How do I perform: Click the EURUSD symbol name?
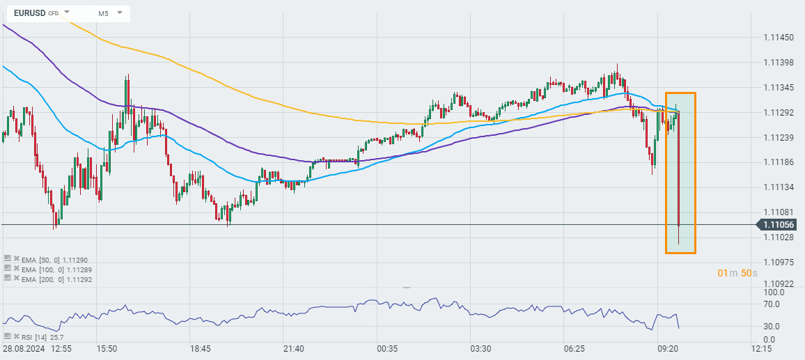[x=29, y=13]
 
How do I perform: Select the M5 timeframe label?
[x=103, y=13]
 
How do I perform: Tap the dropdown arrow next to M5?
[x=120, y=13]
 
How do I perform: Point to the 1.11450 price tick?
[x=779, y=37]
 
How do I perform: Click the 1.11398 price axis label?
[x=779, y=63]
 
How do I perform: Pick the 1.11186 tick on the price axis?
[x=779, y=162]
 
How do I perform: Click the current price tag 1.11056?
[x=779, y=224]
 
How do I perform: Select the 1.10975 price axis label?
[x=779, y=262]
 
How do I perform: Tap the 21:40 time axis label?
[x=293, y=348]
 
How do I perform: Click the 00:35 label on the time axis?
[x=386, y=348]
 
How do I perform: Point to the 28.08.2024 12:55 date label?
[x=36, y=348]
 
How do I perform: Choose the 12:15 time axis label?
[x=762, y=348]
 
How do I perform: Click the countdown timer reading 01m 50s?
[x=737, y=273]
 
